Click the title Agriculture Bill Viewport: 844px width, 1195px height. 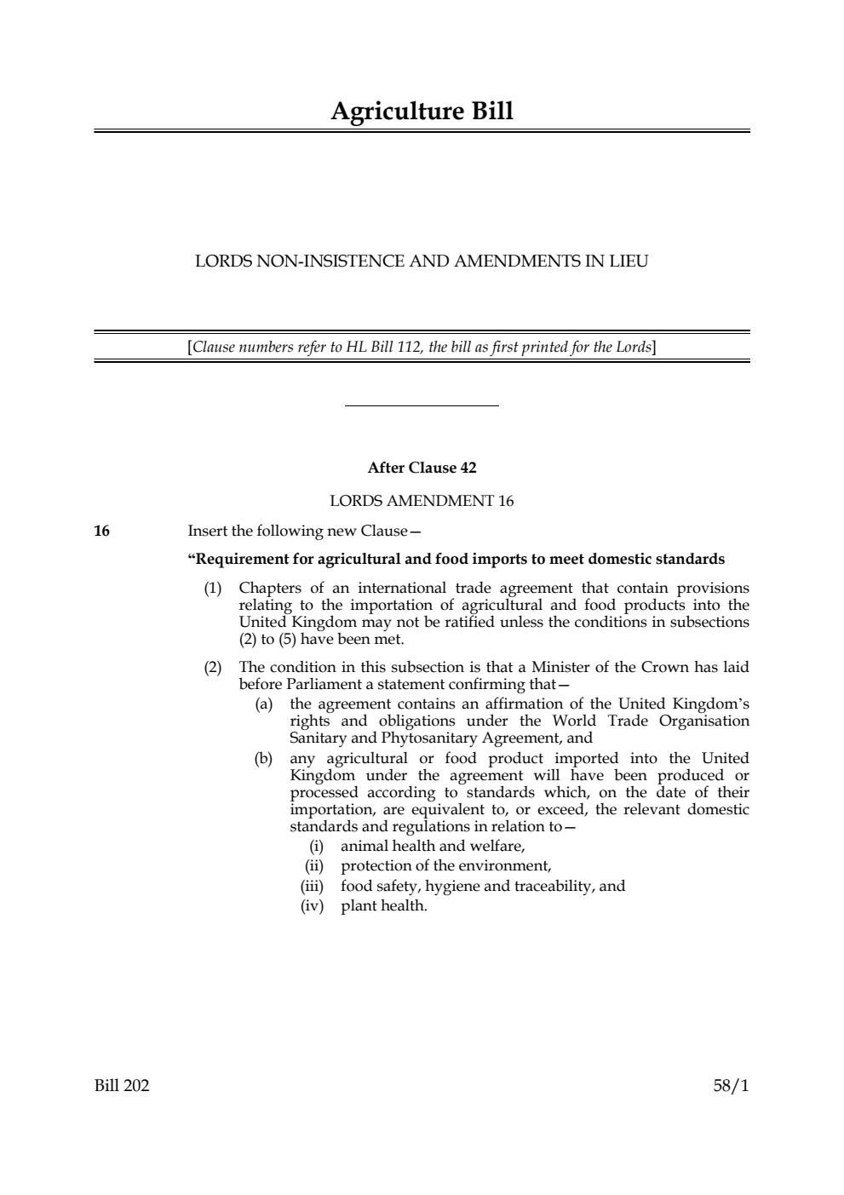tap(422, 112)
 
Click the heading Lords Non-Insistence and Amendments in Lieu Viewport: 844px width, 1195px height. tap(422, 261)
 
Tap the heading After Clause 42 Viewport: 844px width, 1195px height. tap(422, 468)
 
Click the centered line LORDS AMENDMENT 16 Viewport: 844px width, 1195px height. tap(422, 501)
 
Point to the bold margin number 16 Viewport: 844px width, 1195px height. tap(101, 531)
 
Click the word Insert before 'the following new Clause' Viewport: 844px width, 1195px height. tap(207, 531)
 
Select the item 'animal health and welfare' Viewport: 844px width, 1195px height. tap(433, 847)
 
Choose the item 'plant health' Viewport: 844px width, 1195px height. tap(383, 906)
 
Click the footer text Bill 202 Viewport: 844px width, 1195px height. tap(122, 1086)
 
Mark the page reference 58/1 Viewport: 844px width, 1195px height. tap(731, 1086)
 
